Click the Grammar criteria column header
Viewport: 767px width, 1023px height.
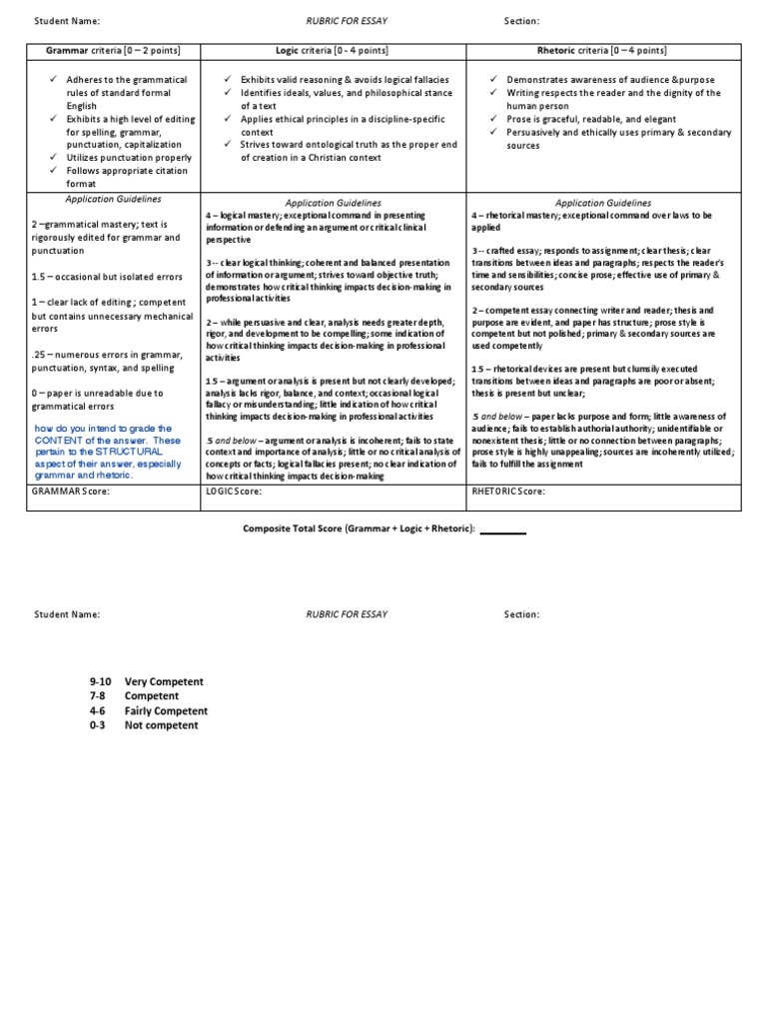(x=112, y=51)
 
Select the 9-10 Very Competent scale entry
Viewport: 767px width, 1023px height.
(x=146, y=681)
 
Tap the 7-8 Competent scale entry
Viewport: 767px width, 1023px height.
(x=134, y=696)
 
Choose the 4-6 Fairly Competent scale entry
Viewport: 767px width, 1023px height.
(x=149, y=710)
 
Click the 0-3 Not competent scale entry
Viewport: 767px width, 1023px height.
(x=144, y=725)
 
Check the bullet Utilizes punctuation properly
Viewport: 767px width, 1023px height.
(x=129, y=158)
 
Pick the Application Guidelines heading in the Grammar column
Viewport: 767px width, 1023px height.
(x=112, y=200)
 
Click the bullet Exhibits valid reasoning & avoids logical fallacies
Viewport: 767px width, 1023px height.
(x=344, y=79)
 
